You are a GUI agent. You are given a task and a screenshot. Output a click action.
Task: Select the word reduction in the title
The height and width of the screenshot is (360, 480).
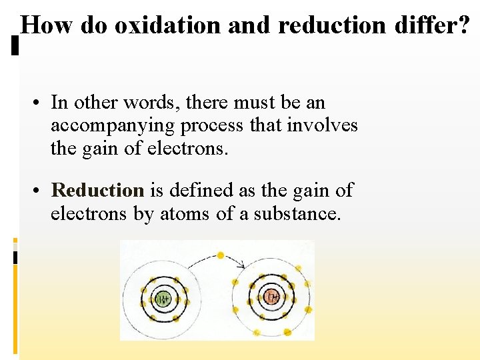pyautogui.click(x=331, y=25)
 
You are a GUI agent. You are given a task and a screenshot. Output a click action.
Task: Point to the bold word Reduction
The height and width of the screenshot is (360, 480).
pyautogui.click(x=97, y=191)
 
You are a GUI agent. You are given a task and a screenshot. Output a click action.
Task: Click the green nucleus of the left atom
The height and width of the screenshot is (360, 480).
pyautogui.click(x=164, y=299)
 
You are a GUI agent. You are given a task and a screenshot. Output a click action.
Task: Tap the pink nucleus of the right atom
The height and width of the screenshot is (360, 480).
pyautogui.click(x=271, y=297)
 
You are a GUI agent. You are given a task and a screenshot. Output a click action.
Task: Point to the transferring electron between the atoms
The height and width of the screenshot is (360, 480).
pyautogui.click(x=221, y=255)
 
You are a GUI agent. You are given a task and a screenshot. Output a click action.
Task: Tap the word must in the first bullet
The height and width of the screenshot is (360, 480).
pyautogui.click(x=253, y=103)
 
